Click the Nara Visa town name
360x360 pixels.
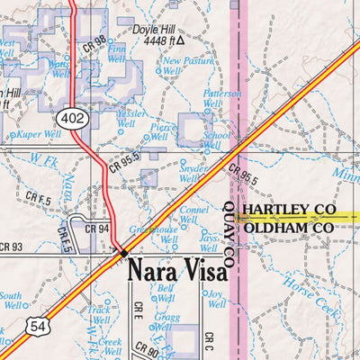(176, 271)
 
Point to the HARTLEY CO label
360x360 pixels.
(289, 210)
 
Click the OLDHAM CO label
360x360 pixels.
(288, 229)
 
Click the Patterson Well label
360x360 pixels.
(221, 98)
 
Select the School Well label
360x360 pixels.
(217, 140)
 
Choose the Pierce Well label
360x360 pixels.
(163, 133)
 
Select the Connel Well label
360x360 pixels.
(194, 214)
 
